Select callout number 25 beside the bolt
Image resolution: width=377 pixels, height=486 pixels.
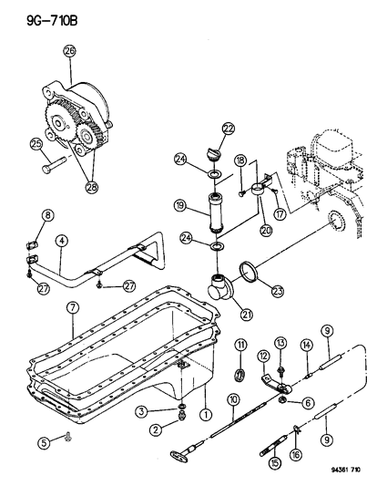click(x=36, y=143)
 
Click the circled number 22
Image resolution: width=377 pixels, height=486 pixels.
click(x=202, y=128)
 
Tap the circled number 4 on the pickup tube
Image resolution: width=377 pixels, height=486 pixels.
click(x=60, y=242)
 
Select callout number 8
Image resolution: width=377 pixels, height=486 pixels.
click(x=48, y=216)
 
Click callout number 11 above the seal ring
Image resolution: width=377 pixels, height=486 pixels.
click(x=241, y=343)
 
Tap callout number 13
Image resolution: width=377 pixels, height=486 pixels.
click(x=280, y=344)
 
